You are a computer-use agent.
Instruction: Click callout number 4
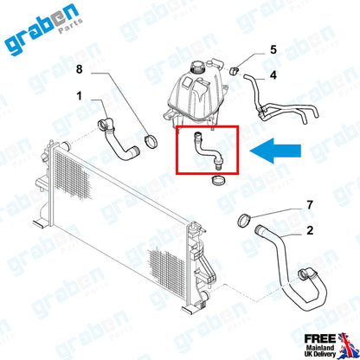click(x=273, y=76)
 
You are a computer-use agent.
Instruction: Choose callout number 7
click(x=309, y=205)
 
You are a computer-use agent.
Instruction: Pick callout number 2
click(x=309, y=232)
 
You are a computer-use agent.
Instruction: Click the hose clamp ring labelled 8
click(x=151, y=139)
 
